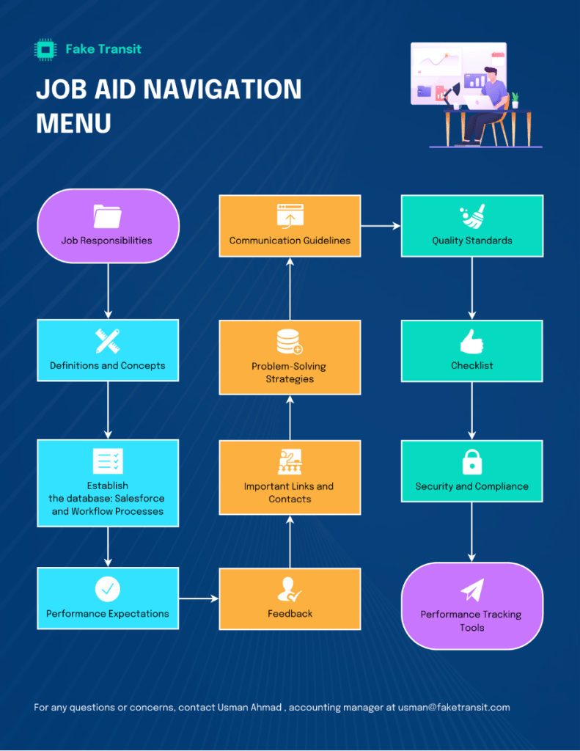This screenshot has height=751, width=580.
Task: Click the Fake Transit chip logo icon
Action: click(x=46, y=49)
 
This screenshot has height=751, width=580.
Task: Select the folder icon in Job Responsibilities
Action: click(x=108, y=216)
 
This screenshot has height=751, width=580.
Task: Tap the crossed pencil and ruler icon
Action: click(x=108, y=340)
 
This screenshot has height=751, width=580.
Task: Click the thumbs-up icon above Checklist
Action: click(x=471, y=341)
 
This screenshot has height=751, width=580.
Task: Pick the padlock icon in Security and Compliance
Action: click(x=471, y=462)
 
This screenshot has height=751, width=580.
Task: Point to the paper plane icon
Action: click(x=472, y=590)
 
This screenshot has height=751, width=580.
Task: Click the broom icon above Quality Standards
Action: click(x=472, y=216)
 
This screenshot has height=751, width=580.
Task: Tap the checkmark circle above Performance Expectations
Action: click(x=108, y=588)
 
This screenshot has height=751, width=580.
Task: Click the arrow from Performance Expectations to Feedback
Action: click(x=199, y=598)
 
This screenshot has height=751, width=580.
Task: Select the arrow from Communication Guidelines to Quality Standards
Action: click(x=381, y=226)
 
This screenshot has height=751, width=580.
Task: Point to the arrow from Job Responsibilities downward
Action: click(x=108, y=290)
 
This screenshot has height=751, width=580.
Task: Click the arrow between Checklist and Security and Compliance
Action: click(x=471, y=411)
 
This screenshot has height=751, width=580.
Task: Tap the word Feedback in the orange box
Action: click(x=290, y=614)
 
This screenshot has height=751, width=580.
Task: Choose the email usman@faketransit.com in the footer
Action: click(x=454, y=708)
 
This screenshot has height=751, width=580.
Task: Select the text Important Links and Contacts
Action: click(x=289, y=493)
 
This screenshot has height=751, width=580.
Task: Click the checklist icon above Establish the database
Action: click(x=108, y=461)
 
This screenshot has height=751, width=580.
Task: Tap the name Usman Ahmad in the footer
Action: click(x=249, y=708)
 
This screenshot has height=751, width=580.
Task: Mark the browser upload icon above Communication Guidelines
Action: click(x=290, y=215)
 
